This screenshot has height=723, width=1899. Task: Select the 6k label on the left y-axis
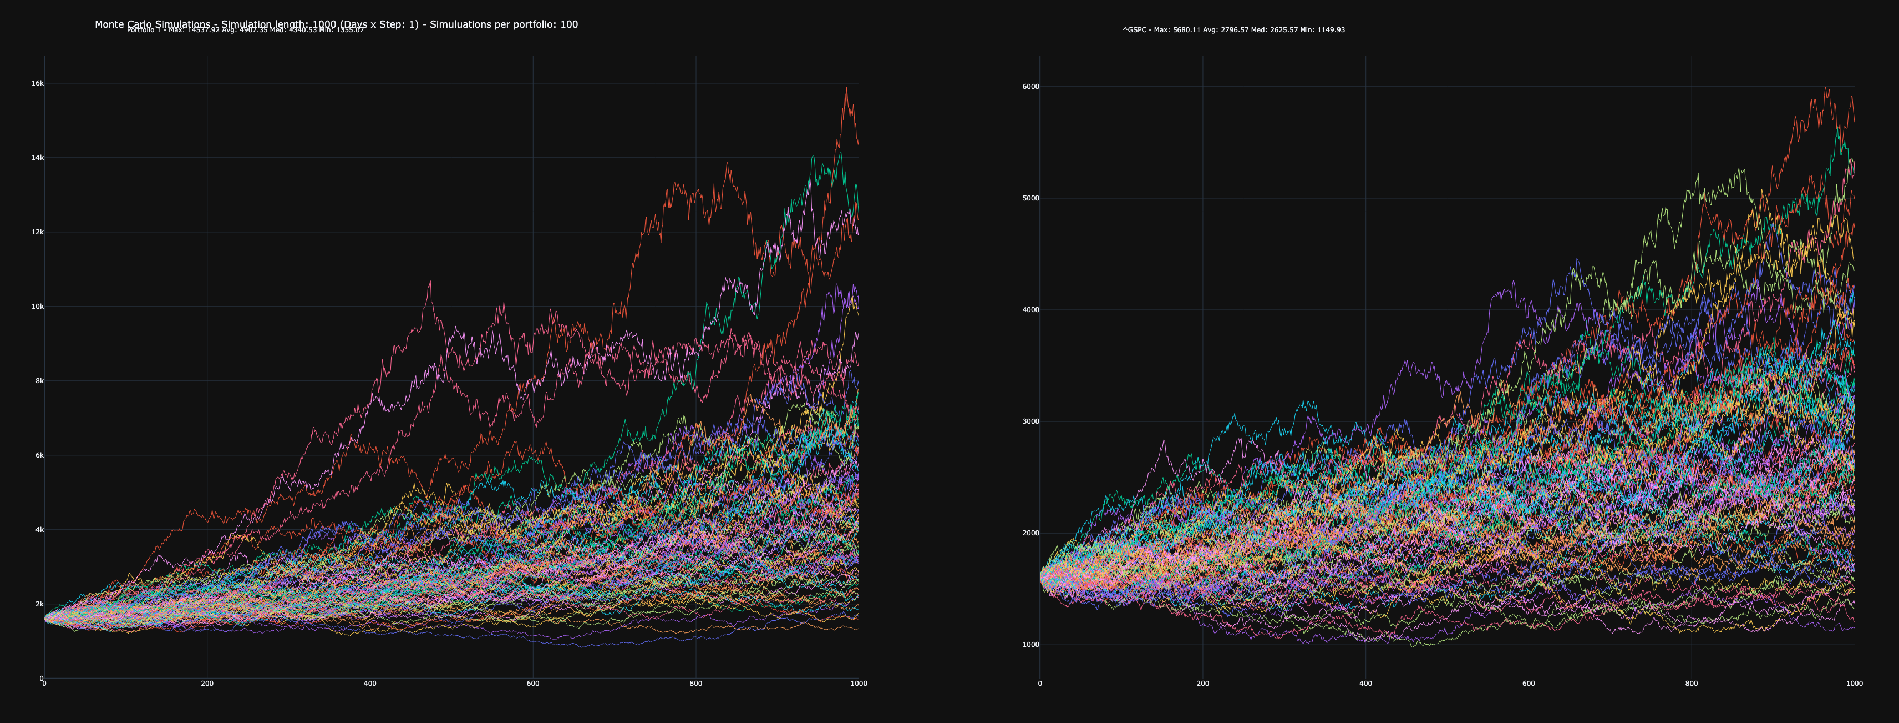39,455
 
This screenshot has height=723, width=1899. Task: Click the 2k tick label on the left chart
39,604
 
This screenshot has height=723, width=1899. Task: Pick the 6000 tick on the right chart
1030,86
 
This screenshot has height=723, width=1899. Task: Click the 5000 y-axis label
1030,198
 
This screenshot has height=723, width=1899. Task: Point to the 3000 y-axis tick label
1030,421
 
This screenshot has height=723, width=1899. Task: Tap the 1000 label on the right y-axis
1030,645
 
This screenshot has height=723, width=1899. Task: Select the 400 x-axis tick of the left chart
370,683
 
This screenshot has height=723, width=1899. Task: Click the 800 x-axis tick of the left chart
696,683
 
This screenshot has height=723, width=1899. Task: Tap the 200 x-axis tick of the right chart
1203,683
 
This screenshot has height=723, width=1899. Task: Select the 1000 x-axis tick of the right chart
1854,683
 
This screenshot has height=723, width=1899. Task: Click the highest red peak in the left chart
846,88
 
